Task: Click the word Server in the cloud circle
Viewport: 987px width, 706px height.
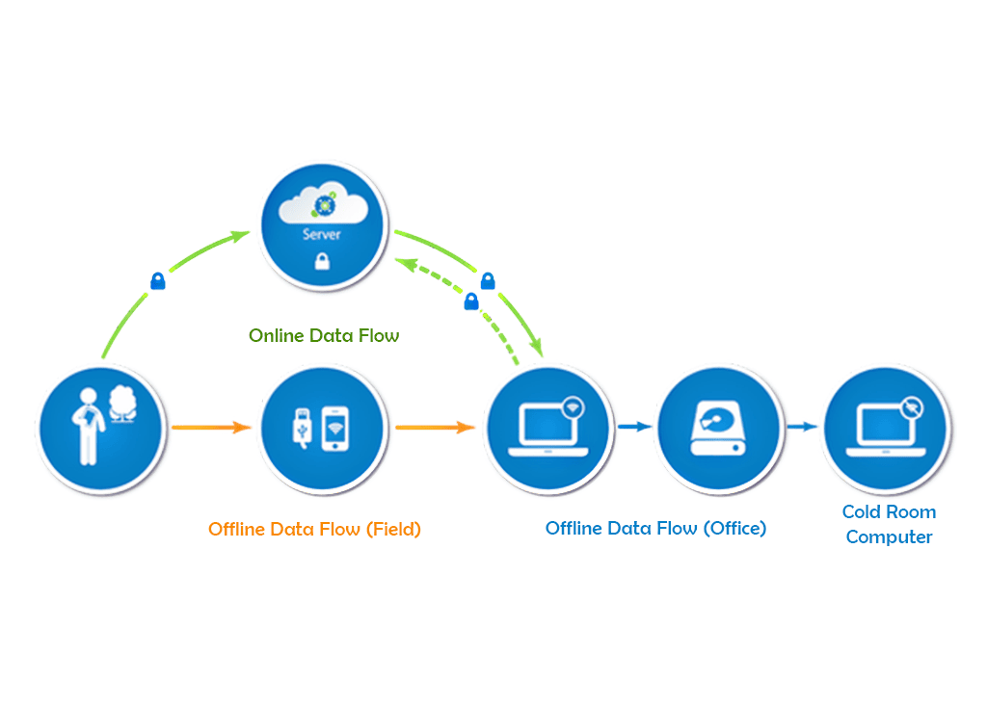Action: (x=321, y=234)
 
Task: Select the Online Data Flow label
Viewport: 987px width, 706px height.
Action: (x=324, y=336)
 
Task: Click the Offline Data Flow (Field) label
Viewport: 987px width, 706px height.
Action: (x=314, y=529)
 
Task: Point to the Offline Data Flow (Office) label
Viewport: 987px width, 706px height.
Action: (x=655, y=528)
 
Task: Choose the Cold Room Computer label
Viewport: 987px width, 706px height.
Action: (x=889, y=524)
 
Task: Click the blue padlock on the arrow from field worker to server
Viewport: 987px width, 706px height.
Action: (x=158, y=281)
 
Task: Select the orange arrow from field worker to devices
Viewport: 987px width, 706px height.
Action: (x=210, y=427)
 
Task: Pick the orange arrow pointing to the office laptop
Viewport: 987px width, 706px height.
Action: (x=436, y=427)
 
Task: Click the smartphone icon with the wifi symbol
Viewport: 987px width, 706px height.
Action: (x=334, y=427)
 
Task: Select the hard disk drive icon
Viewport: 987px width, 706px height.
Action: (x=717, y=428)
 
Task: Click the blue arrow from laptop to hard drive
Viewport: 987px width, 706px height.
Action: (x=632, y=427)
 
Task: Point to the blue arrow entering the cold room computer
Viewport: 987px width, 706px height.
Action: (x=801, y=427)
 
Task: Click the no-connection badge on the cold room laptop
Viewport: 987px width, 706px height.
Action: (x=909, y=406)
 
